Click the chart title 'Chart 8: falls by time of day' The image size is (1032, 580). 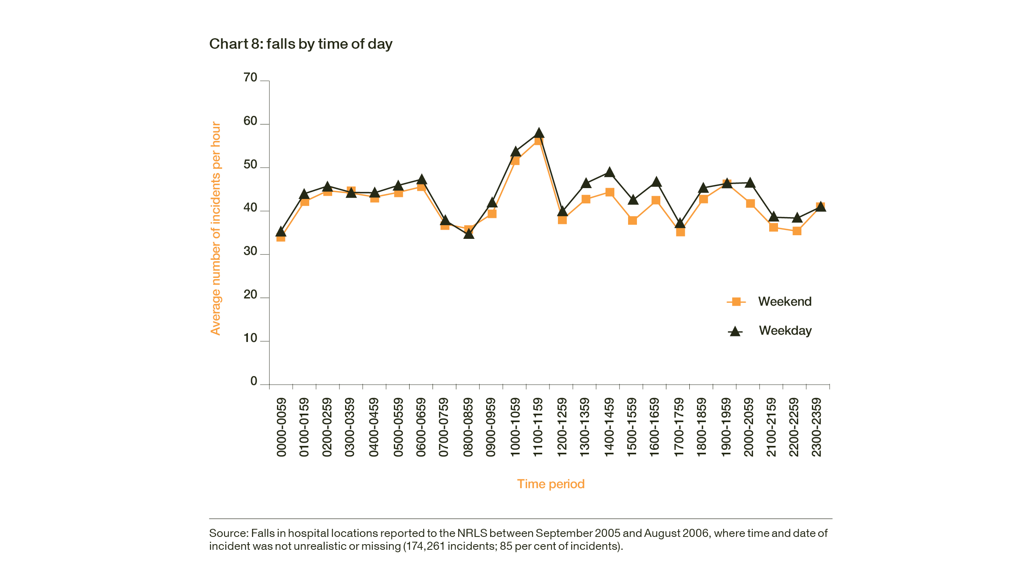(x=301, y=44)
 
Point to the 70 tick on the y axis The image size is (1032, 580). (x=250, y=78)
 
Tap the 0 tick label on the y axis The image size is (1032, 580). (x=254, y=381)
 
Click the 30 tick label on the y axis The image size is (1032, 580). (x=250, y=251)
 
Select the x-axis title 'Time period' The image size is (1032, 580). (x=551, y=484)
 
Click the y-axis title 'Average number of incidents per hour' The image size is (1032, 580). (x=216, y=228)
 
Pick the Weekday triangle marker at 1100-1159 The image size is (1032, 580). (x=539, y=133)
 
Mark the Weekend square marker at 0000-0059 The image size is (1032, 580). (x=281, y=237)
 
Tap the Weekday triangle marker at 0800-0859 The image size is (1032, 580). (x=469, y=234)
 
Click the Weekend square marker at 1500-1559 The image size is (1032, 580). (x=633, y=220)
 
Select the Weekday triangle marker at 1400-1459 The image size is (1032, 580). (x=610, y=172)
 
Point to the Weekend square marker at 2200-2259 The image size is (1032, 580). (x=797, y=231)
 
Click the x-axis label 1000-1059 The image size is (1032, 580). (x=515, y=427)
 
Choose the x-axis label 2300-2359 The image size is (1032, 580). (x=816, y=427)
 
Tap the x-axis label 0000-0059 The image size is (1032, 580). (x=281, y=427)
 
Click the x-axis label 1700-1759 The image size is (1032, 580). (x=679, y=427)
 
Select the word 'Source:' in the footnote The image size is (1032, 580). (x=229, y=533)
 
